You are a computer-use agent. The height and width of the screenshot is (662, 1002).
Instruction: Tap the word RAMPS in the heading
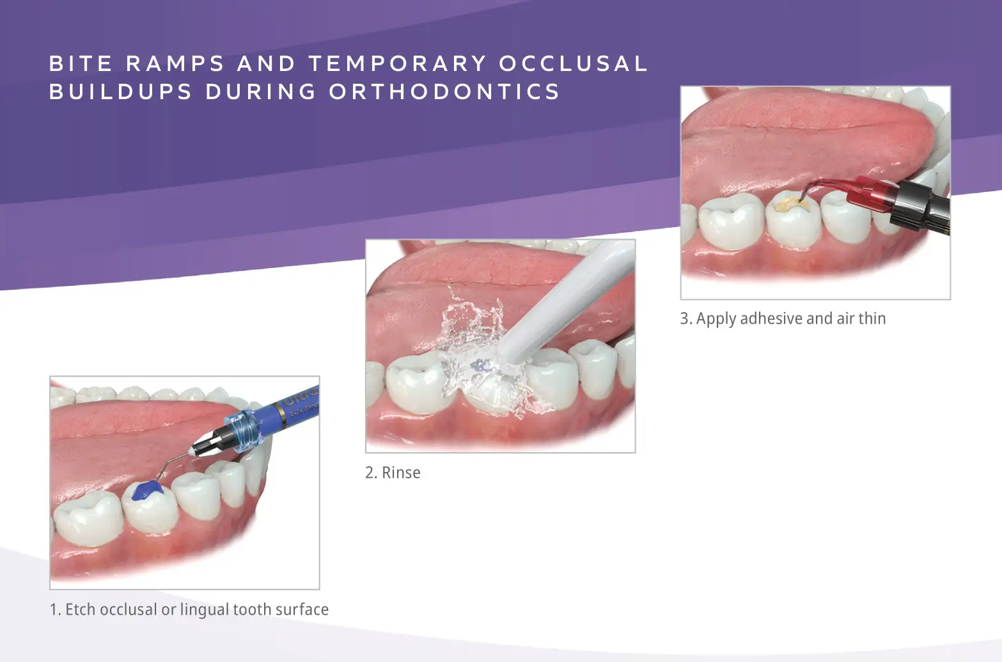click(175, 63)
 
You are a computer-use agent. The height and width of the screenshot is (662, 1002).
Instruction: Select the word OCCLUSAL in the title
click(574, 63)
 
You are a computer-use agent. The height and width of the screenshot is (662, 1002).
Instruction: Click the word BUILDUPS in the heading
click(121, 91)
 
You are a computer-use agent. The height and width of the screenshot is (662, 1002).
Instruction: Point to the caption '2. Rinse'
click(393, 473)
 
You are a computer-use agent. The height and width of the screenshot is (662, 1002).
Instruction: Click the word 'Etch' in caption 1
click(80, 610)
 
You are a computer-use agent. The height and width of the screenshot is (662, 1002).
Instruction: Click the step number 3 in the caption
click(685, 319)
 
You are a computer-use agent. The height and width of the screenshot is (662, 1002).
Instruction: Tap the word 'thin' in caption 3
click(872, 319)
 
